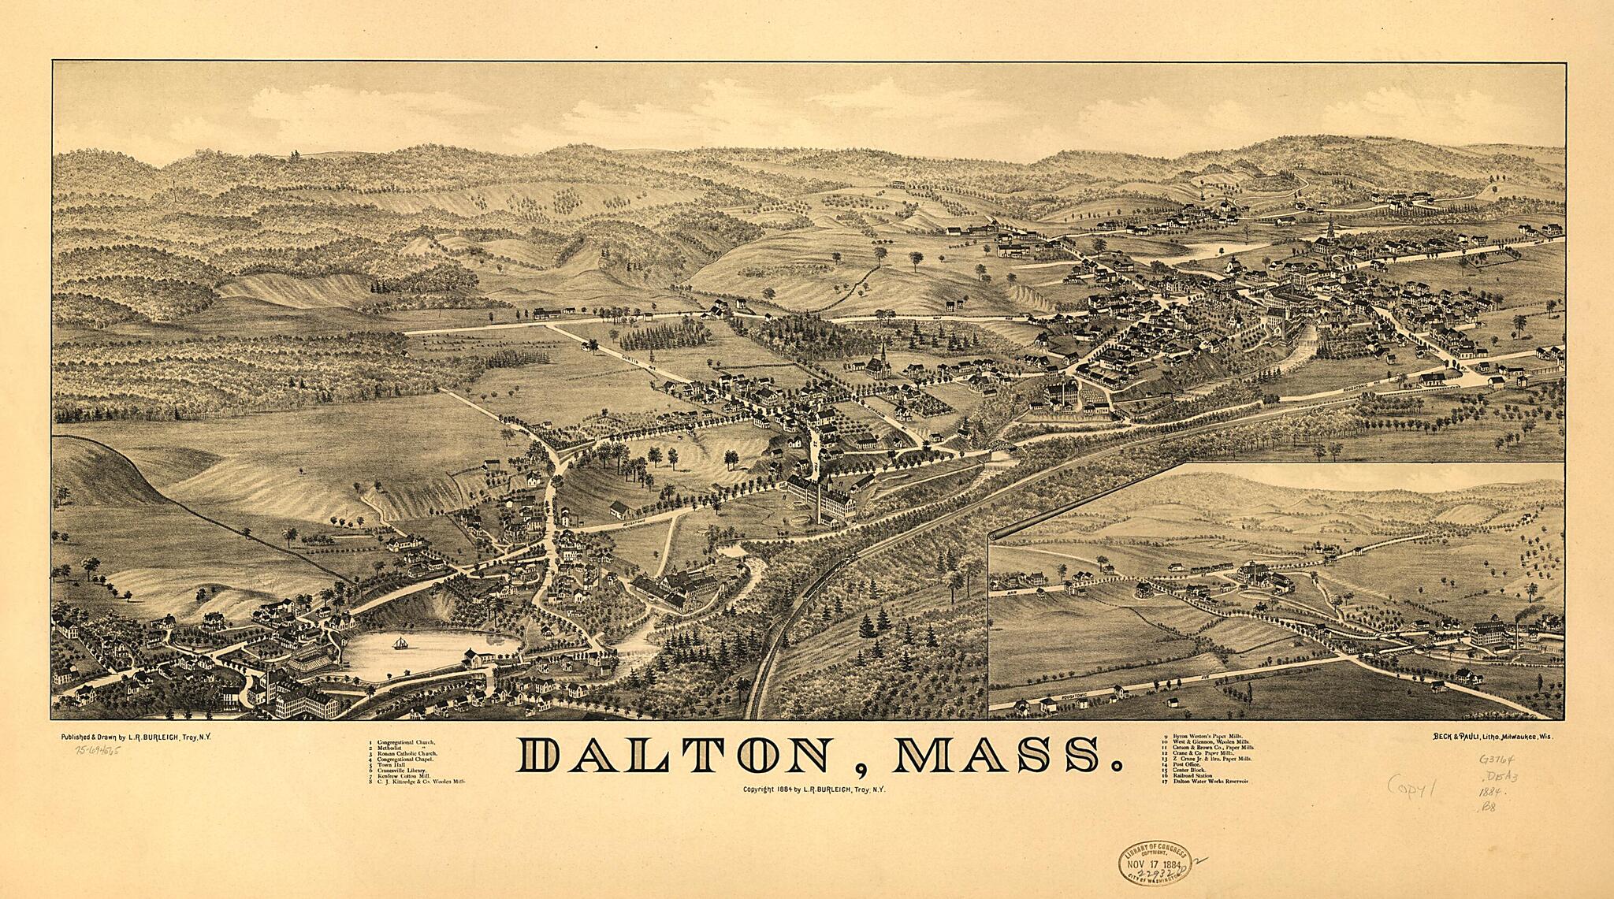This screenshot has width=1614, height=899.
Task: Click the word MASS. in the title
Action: click(x=999, y=757)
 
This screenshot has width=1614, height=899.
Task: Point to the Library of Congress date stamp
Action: click(x=1152, y=864)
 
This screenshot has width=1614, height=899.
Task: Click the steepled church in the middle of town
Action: click(x=883, y=358)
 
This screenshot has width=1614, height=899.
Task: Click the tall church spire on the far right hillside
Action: click(x=1330, y=230)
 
